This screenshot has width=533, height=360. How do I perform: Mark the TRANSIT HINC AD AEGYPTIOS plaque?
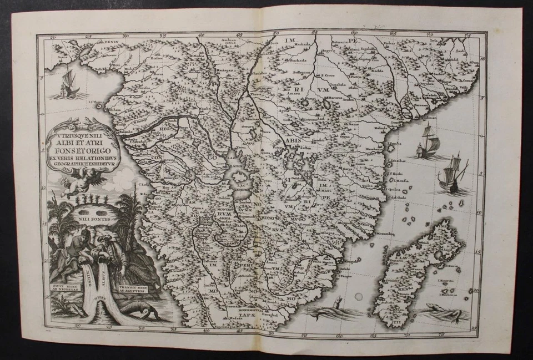[x=136, y=289]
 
